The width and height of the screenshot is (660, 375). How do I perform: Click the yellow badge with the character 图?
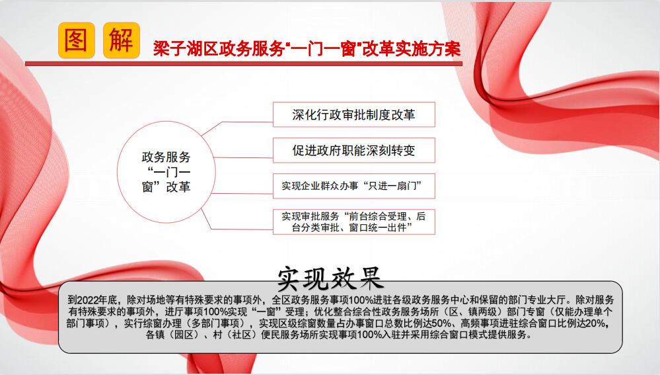76,40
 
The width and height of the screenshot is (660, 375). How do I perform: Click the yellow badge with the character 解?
121,40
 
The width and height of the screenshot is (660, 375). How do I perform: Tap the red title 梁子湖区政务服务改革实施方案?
307,49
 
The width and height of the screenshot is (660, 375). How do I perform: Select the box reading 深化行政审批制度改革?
354,114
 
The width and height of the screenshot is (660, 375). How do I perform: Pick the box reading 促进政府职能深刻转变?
354,150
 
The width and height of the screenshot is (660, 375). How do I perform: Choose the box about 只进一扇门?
354,186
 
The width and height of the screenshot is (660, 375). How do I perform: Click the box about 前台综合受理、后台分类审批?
354,222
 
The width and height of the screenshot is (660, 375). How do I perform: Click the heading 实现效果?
330,278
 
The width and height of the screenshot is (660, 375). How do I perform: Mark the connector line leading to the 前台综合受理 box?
236,221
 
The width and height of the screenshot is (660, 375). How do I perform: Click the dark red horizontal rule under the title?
244,64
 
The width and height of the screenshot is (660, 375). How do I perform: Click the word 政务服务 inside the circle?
166,157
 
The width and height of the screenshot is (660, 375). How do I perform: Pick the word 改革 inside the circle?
178,187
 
